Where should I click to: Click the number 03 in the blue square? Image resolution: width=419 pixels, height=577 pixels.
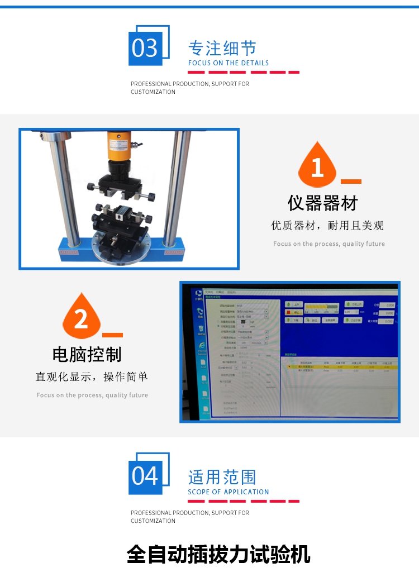[145, 48]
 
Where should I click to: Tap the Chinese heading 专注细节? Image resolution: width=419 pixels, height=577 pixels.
[222, 48]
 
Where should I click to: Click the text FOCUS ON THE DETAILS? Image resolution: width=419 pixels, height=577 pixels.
[228, 63]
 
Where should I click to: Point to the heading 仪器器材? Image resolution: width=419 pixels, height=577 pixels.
[322, 203]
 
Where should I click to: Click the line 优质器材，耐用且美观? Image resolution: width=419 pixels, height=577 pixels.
[327, 226]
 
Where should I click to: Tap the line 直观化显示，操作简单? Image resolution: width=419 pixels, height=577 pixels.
[92, 377]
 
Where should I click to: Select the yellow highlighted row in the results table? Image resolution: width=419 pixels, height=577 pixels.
[341, 367]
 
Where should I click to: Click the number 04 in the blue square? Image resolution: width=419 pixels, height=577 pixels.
[145, 476]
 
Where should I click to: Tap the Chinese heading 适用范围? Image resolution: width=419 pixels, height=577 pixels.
[222, 477]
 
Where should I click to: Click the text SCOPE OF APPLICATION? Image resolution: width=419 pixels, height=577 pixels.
[228, 492]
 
